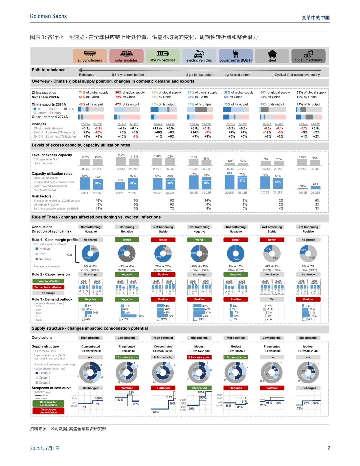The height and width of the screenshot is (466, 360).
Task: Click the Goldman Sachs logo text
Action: pos(48,16)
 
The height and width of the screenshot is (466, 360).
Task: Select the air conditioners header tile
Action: pos(90,56)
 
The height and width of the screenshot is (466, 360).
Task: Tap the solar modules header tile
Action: pos(126,56)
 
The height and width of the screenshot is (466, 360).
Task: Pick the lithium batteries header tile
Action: pos(163,56)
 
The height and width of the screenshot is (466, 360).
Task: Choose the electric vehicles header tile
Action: pos(199,56)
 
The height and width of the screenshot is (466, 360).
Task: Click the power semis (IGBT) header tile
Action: pos(236,56)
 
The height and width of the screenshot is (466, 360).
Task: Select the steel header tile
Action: pos(272,56)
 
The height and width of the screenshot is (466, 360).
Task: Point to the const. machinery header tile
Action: pos(308,56)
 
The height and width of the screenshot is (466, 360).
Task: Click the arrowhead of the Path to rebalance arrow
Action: pos(81,70)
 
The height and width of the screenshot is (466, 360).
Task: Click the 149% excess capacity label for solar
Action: pos(121,155)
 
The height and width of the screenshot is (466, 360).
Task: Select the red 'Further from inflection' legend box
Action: pos(48,287)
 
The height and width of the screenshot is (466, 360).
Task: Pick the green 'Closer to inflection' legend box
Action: pos(48,281)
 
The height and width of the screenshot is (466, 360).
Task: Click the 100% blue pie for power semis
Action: pos(236,254)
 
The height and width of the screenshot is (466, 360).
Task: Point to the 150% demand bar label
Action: pos(140,316)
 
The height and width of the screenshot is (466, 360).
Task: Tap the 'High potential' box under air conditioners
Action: pos(91,338)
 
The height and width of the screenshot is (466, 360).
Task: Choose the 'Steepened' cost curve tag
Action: pos(199,388)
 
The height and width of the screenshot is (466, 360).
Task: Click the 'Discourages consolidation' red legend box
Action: pos(48,411)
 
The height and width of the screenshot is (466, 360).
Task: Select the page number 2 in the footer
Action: pos(329,448)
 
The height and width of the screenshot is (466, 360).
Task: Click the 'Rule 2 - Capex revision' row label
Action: pos(51,274)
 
